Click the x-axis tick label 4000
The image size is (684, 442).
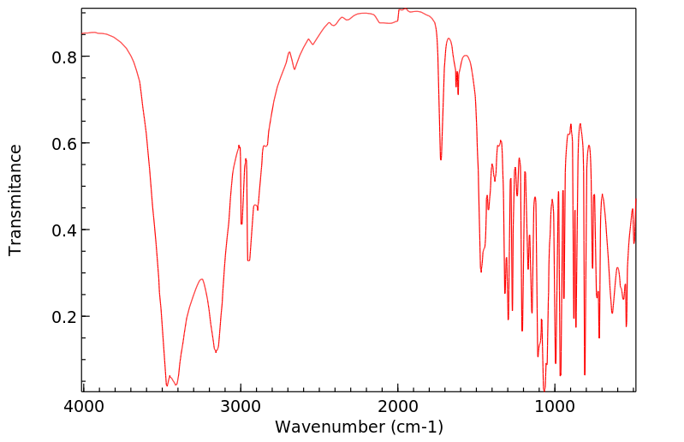point(83,407)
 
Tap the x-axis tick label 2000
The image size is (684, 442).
point(398,407)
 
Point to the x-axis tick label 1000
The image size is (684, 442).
point(556,407)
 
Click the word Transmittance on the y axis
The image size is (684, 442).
point(15,200)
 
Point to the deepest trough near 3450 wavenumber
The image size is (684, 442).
point(167,385)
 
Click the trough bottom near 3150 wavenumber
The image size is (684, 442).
point(216,352)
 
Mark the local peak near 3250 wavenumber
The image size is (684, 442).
point(202,278)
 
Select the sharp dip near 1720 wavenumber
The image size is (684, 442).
point(441,159)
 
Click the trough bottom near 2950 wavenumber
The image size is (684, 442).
point(248,260)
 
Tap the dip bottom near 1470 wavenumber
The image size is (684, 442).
point(482,272)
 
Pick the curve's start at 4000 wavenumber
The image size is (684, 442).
point(83,33)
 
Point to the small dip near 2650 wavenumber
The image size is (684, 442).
point(294,69)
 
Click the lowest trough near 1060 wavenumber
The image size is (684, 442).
point(544,390)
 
